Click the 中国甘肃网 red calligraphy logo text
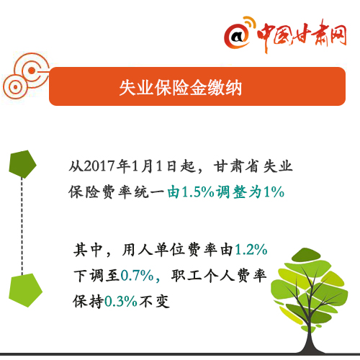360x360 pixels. point(302,35)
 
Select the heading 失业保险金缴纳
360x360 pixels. point(181,88)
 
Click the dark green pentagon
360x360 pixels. point(22,164)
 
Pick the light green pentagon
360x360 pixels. point(25,290)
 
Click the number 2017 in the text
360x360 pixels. point(99,166)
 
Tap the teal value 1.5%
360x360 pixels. point(198,192)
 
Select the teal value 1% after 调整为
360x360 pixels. point(274,192)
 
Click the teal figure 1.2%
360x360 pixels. point(251,250)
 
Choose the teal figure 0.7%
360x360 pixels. point(137,275)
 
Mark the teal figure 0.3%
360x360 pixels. point(121,301)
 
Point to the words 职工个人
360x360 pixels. point(203,275)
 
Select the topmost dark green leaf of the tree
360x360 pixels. point(305,255)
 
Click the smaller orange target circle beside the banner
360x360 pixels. point(15,87)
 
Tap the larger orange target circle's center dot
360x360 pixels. point(32,71)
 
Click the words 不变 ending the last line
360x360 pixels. point(154,301)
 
